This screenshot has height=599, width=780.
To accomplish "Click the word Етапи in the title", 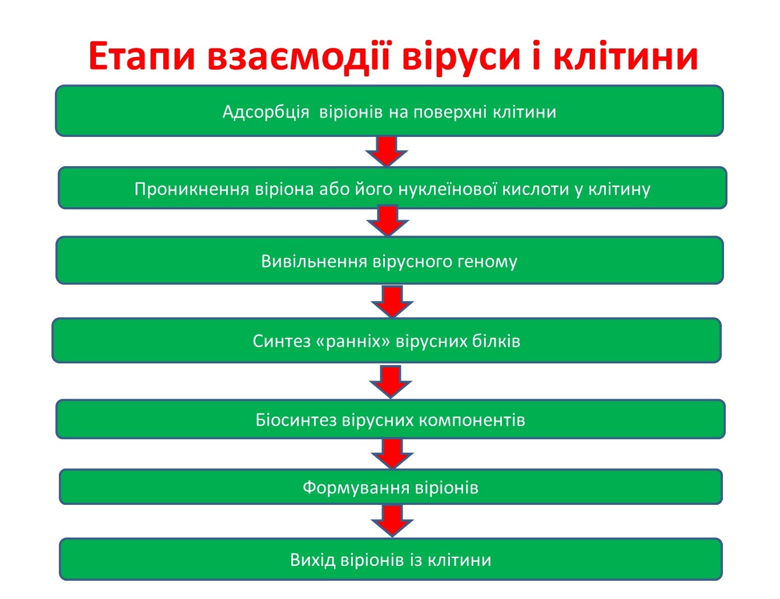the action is (142, 56).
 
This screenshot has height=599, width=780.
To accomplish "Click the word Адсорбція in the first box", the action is (266, 112).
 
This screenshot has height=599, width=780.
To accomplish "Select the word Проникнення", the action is (192, 189).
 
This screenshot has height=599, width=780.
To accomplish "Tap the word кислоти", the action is (535, 189).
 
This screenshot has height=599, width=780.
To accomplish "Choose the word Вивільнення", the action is (314, 261).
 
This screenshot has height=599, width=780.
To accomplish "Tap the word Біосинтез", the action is (296, 420).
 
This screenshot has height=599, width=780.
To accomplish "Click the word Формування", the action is (356, 488).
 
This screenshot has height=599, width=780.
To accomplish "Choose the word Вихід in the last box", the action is (313, 560).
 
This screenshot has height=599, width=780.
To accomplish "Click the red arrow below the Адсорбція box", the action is (387, 151).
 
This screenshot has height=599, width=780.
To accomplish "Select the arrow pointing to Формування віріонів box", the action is (392, 454).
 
